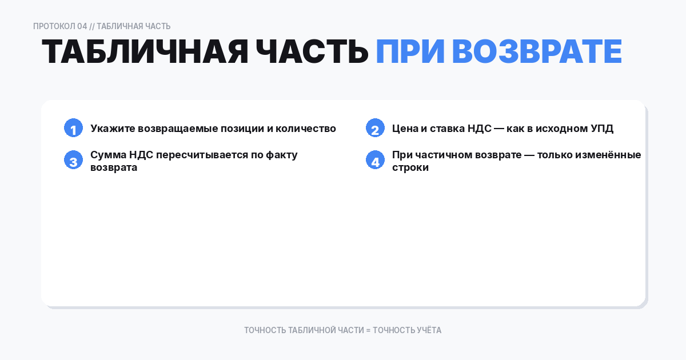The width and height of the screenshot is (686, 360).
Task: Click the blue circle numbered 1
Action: point(74,128)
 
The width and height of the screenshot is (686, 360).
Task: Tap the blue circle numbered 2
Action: point(375,128)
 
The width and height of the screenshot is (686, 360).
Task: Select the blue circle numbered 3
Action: point(74,160)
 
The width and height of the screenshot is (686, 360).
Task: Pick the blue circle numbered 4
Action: point(375,160)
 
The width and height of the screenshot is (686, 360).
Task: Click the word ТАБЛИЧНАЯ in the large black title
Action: point(145,51)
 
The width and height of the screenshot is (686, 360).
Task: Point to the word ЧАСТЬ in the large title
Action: point(312,51)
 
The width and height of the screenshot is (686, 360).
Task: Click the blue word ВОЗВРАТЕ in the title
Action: point(537,51)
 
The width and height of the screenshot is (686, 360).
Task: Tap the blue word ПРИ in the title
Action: point(410,51)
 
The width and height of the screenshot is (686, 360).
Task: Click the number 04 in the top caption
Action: point(82,26)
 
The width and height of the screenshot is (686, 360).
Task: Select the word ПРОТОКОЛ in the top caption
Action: point(54,26)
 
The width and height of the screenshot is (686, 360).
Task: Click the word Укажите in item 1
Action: point(113,129)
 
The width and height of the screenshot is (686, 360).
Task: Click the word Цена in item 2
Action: point(405,129)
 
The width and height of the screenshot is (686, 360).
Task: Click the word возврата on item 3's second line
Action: point(114,168)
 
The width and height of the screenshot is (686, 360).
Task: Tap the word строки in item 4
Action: point(410,168)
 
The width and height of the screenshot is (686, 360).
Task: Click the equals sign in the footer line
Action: point(368,331)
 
